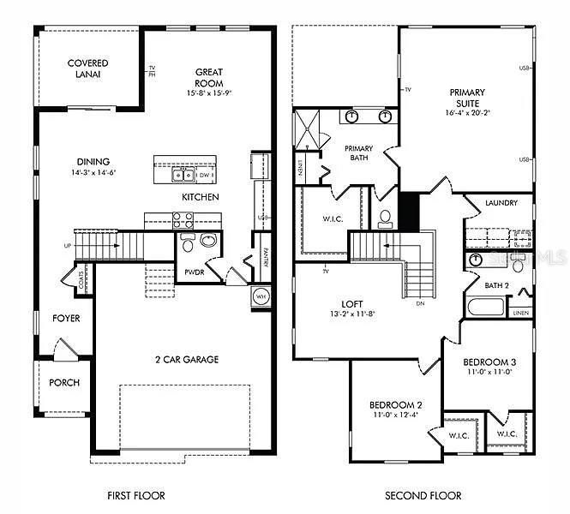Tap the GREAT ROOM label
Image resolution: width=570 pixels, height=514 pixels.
click(x=209, y=72)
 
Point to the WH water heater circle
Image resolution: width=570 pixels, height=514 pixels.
click(x=261, y=296)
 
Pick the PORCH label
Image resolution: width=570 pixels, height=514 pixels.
click(x=64, y=382)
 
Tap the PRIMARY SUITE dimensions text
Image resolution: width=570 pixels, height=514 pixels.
click(x=467, y=113)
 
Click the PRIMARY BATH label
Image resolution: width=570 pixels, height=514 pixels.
click(x=358, y=152)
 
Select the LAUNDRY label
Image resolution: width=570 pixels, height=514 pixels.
click(x=501, y=203)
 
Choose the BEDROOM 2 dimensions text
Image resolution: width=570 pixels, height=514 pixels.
click(x=394, y=415)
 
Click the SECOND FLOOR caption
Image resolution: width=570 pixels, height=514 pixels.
click(x=423, y=495)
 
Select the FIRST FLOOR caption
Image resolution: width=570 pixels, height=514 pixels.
click(x=135, y=495)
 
